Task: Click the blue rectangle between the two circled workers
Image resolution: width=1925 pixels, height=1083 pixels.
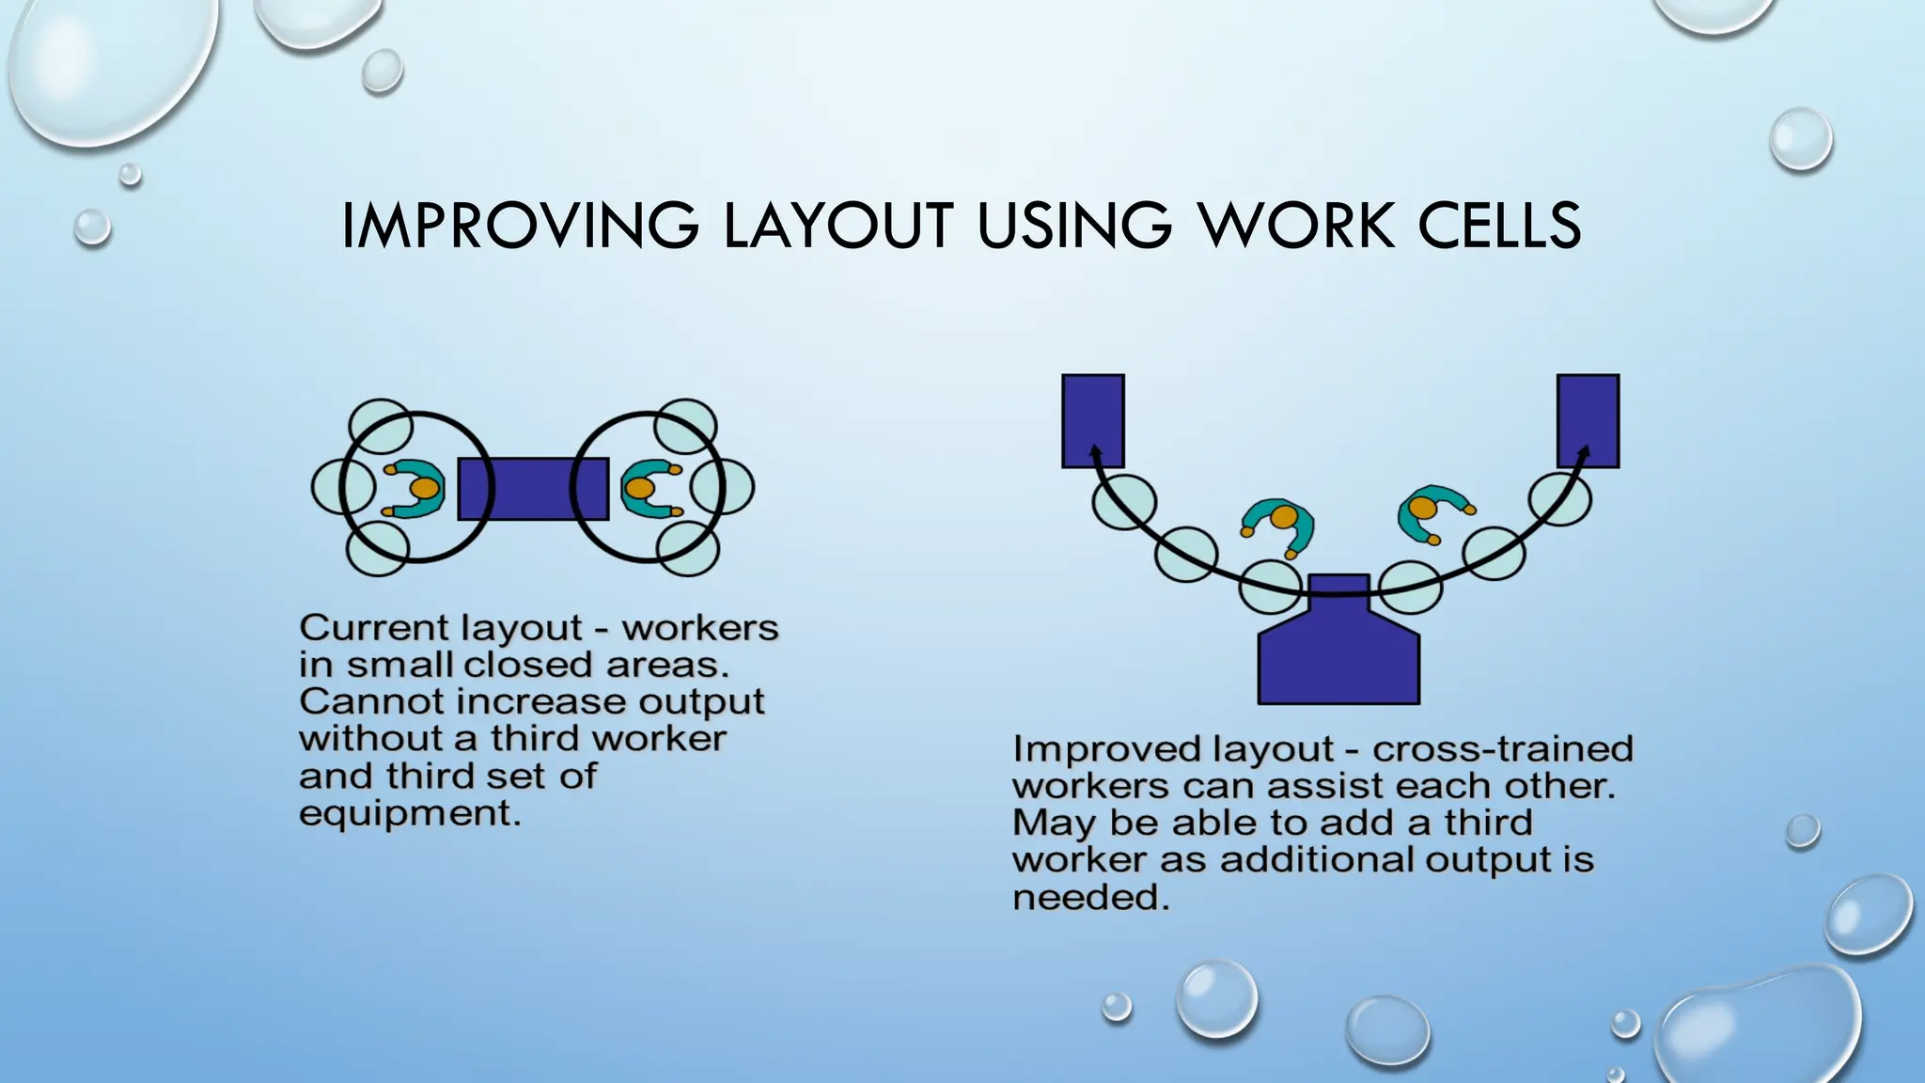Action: (532, 489)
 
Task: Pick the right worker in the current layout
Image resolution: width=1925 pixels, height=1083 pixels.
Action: (649, 489)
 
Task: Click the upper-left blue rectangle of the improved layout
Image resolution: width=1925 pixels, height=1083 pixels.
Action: (1092, 414)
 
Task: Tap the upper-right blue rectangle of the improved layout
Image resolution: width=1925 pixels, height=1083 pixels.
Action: (1588, 414)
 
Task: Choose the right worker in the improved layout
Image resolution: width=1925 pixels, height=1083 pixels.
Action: (1429, 513)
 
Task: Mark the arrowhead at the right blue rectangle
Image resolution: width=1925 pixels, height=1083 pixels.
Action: (1584, 453)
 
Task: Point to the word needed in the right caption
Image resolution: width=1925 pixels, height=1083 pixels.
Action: (1090, 898)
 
